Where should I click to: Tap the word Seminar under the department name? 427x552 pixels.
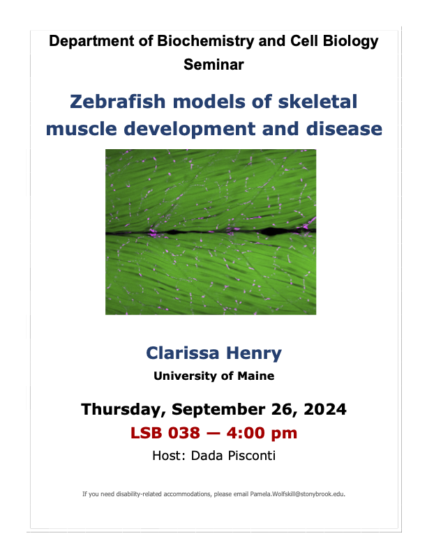click(213, 65)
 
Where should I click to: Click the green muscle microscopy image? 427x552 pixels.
click(211, 231)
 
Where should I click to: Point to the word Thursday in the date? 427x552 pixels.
click(125, 409)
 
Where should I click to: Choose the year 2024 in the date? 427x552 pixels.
click(320, 409)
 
